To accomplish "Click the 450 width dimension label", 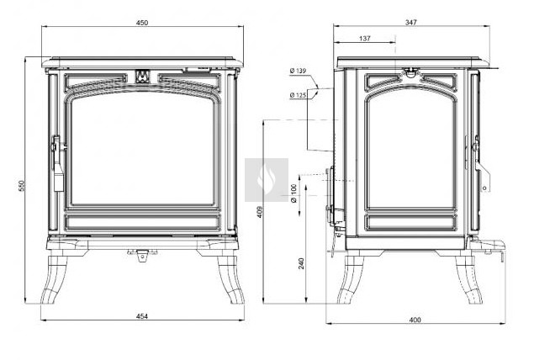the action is click(142, 23).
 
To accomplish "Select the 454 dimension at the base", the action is click(142, 316).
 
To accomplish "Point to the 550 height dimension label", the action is click(22, 185).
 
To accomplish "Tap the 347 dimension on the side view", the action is click(411, 23).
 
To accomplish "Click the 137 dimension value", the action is click(364, 39).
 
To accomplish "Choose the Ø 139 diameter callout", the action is click(298, 71).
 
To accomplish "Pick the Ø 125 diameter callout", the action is click(298, 95).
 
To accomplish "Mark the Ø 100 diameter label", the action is click(294, 193).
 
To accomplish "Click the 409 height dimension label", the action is click(260, 212).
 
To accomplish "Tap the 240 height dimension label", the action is click(301, 263).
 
